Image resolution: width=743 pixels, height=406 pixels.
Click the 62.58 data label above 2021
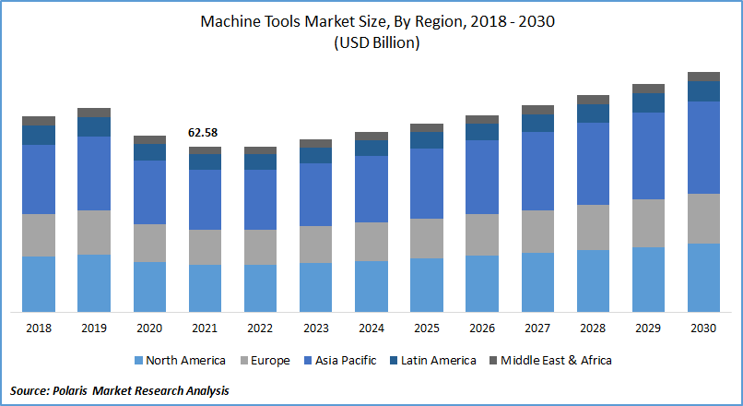click(x=205, y=133)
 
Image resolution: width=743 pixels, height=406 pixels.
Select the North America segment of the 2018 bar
click(x=39, y=283)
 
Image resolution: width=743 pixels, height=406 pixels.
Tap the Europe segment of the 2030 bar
click(x=704, y=218)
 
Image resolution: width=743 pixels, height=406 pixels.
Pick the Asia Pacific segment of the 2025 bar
click(x=427, y=183)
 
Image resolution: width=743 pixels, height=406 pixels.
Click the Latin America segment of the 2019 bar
click(x=94, y=126)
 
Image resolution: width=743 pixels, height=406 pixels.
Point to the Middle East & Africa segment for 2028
click(x=593, y=100)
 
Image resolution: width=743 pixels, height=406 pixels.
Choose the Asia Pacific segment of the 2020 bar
click(x=149, y=192)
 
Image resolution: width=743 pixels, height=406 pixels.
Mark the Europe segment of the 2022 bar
click(x=260, y=247)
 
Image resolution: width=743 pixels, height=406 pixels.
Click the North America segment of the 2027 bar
click(x=537, y=281)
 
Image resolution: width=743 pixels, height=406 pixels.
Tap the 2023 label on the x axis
click(x=315, y=328)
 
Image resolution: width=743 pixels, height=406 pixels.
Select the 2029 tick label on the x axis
click(x=648, y=328)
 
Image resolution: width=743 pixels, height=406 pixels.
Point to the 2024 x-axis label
click(x=371, y=328)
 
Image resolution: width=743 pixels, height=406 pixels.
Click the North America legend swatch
click(x=139, y=361)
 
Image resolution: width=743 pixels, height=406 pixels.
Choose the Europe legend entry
click(x=263, y=361)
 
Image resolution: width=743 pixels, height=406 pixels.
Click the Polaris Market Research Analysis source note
click(x=120, y=390)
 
